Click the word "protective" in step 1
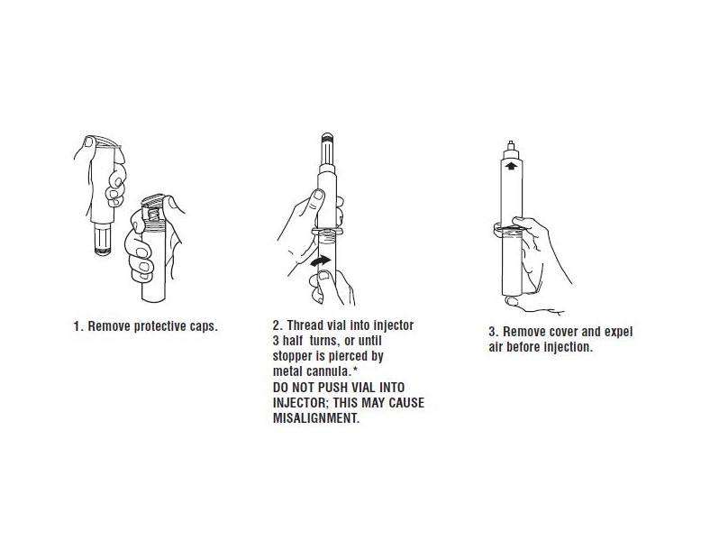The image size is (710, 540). point(159,326)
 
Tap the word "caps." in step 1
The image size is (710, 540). point(204,327)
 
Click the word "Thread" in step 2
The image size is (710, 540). point(305,325)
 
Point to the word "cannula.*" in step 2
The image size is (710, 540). point(332,371)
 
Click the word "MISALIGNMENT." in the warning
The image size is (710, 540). point(316,418)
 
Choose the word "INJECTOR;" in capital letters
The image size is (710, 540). point(301,403)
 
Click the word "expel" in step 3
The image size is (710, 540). point(617,332)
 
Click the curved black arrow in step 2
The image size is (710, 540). point(321,261)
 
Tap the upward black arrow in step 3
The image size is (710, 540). point(511,165)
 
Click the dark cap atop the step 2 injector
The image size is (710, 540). point(327,136)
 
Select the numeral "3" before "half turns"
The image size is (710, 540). point(276,341)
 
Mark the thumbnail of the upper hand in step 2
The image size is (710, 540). point(318,196)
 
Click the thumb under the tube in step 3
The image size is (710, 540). point(514,301)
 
